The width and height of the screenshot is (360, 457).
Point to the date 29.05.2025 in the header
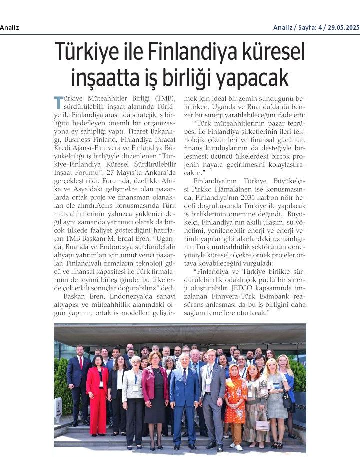342,27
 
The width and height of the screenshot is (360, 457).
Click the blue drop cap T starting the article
58,102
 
